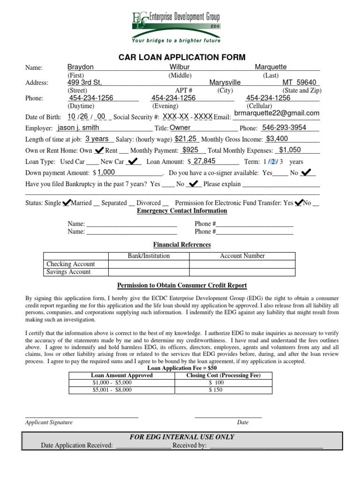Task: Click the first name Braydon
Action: click(x=81, y=67)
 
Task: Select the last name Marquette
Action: click(x=270, y=67)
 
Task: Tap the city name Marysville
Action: click(x=225, y=82)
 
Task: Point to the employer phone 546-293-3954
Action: click(x=284, y=127)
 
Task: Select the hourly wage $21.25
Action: click(x=186, y=139)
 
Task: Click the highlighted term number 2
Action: click(x=272, y=162)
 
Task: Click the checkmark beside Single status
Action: click(x=66, y=202)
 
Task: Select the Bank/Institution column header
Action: click(x=149, y=256)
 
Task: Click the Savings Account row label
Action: click(x=68, y=272)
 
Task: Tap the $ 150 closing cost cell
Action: click(x=216, y=390)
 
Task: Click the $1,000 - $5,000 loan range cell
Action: click(x=112, y=382)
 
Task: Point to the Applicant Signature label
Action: click(x=49, y=422)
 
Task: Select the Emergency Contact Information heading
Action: click(x=182, y=211)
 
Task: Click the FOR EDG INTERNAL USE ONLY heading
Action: click(x=181, y=437)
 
